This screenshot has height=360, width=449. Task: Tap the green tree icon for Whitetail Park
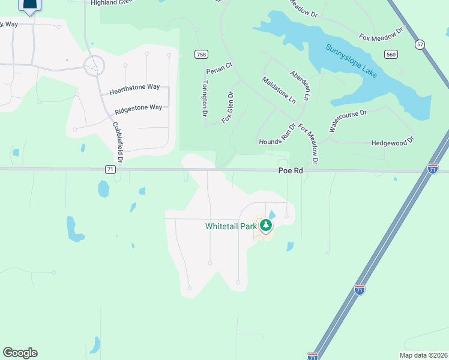click(266, 226)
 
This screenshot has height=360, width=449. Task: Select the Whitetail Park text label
click(231, 226)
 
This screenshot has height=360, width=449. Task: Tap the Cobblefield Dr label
click(118, 142)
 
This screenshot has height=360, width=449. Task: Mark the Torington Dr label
click(205, 98)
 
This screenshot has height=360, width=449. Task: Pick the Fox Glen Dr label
click(227, 107)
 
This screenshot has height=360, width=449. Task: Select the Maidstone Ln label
click(279, 90)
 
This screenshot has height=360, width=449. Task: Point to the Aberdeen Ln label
click(301, 85)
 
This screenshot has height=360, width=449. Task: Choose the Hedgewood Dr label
click(393, 142)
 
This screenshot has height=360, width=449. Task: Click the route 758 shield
click(201, 55)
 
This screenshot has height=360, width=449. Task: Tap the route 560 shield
click(391, 55)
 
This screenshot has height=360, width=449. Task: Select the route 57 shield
click(420, 44)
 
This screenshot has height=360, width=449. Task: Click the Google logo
click(20, 353)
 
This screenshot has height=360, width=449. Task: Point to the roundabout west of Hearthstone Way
click(94, 65)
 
